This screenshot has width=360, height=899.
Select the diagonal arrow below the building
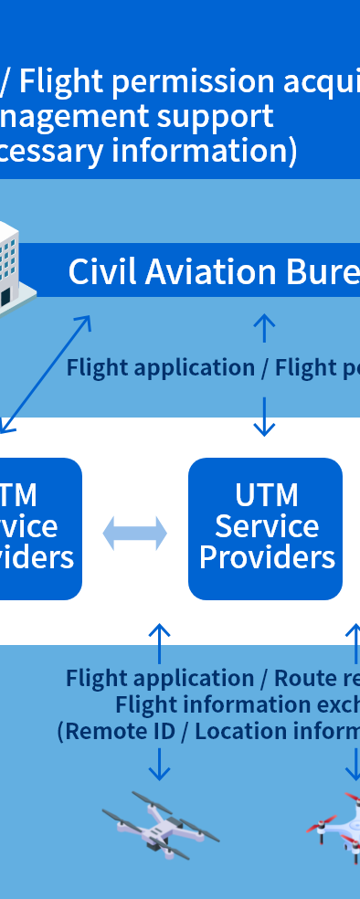[46, 374]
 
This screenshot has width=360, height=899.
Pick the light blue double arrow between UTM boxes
[135, 533]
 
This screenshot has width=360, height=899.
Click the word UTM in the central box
[266, 495]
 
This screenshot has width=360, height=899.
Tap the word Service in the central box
[266, 526]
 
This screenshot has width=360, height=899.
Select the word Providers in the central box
[266, 557]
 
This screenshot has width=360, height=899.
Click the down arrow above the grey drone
[160, 764]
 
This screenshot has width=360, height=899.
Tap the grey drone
[159, 826]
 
